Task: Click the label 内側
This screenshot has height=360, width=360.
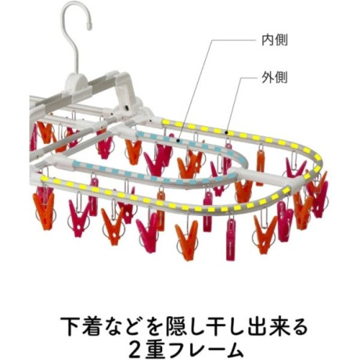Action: (x=275, y=41)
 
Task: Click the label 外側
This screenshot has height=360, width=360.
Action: (x=275, y=77)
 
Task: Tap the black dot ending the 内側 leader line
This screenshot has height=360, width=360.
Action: (x=178, y=141)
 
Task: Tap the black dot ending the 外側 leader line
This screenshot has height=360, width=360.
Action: (x=227, y=132)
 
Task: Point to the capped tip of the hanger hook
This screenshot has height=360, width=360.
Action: (x=89, y=27)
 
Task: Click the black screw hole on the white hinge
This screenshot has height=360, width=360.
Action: (x=127, y=107)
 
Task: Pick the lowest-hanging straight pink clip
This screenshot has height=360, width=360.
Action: (x=231, y=237)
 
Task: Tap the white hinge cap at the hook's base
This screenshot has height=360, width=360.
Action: (x=76, y=81)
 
